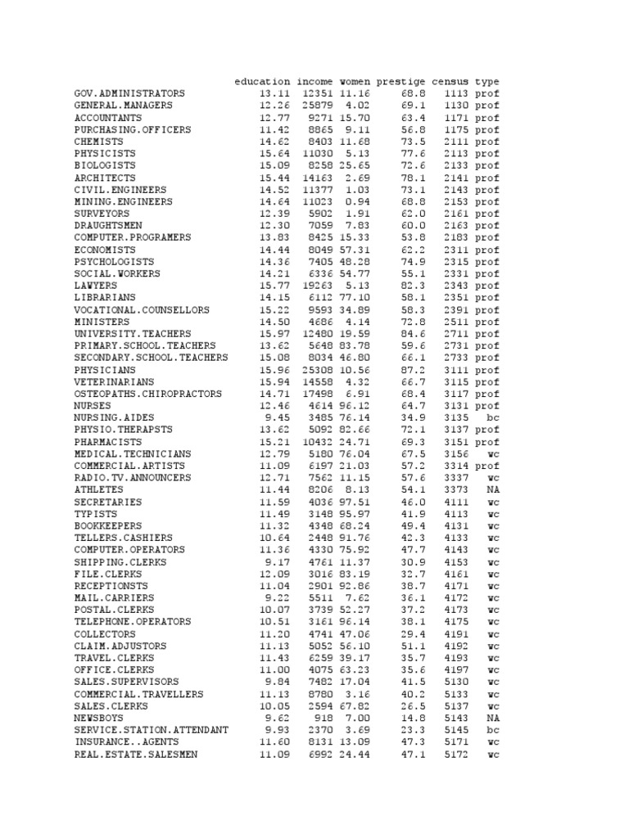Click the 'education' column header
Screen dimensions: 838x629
(262, 82)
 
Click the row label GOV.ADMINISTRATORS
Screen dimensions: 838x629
(129, 94)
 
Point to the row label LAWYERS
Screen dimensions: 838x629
(93, 286)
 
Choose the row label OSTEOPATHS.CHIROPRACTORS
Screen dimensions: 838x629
(148, 394)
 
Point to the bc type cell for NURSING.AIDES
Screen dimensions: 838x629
(491, 418)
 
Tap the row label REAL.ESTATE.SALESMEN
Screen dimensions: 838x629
(136, 755)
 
